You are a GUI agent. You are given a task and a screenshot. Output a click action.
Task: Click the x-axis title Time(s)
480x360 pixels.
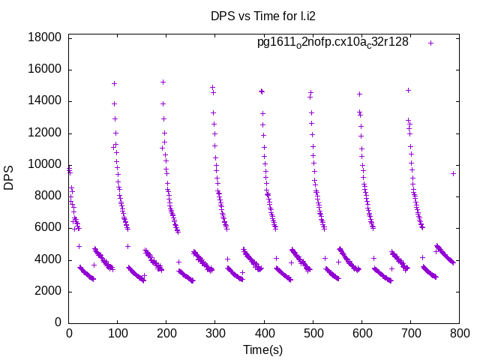[x=262, y=349]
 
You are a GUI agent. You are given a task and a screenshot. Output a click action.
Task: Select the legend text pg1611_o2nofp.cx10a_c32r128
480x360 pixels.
[x=333, y=43]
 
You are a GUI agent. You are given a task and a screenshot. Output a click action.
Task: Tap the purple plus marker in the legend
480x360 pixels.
[x=430, y=43]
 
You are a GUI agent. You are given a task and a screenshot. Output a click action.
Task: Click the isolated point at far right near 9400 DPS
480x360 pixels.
[x=453, y=173]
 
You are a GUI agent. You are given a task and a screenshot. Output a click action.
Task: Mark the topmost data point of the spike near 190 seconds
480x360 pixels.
[x=163, y=82]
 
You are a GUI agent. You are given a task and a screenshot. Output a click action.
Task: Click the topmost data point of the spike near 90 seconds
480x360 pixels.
[x=114, y=83]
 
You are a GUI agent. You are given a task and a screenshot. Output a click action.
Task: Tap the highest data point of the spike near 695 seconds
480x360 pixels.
[x=409, y=90]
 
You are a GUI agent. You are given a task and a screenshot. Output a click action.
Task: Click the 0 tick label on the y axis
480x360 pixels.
[x=58, y=323]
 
